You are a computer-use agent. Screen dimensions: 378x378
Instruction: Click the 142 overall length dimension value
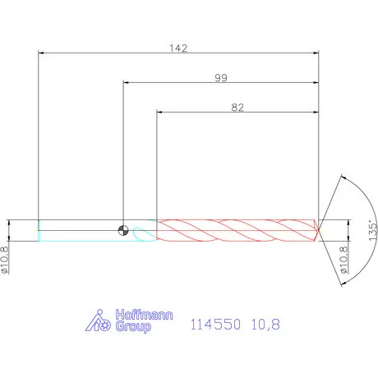pyautogui.click(x=178, y=48)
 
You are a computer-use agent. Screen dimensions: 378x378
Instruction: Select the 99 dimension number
pyautogui.click(x=221, y=78)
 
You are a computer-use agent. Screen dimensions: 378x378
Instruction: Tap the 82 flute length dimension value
pyautogui.click(x=237, y=108)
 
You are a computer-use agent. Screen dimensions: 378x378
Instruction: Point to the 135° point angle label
pyautogui.click(x=373, y=230)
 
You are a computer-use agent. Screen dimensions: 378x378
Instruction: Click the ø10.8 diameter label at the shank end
pyautogui.click(x=5, y=260)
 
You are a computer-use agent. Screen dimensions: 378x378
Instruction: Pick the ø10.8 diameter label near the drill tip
pyautogui.click(x=344, y=260)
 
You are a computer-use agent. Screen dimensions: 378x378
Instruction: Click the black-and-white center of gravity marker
pyautogui.click(x=123, y=230)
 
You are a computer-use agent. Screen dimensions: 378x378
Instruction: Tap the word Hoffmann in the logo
pyautogui.click(x=144, y=315)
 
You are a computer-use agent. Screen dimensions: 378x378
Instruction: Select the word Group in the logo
pyautogui.click(x=133, y=326)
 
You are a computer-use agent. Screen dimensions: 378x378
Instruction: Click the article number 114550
pyautogui.click(x=215, y=325)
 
